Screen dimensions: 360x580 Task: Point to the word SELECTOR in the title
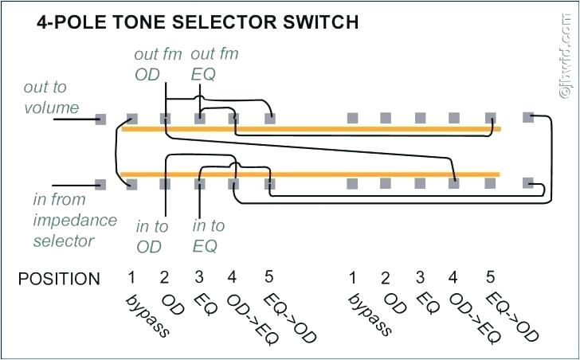tap(220, 22)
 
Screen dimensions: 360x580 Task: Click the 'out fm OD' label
tap(158, 65)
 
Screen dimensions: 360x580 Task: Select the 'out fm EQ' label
tap(214, 65)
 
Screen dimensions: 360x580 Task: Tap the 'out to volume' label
tap(51, 97)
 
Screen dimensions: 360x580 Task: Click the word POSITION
tap(60, 279)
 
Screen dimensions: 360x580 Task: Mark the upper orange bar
tap(311, 128)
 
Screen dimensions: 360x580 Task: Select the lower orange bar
tap(311, 174)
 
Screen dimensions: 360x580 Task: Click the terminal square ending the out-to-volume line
tap(100, 119)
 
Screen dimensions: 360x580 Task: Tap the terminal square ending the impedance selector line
tap(100, 184)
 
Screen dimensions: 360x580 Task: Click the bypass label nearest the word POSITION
tap(147, 315)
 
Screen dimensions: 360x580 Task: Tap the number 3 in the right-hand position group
tap(419, 278)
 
